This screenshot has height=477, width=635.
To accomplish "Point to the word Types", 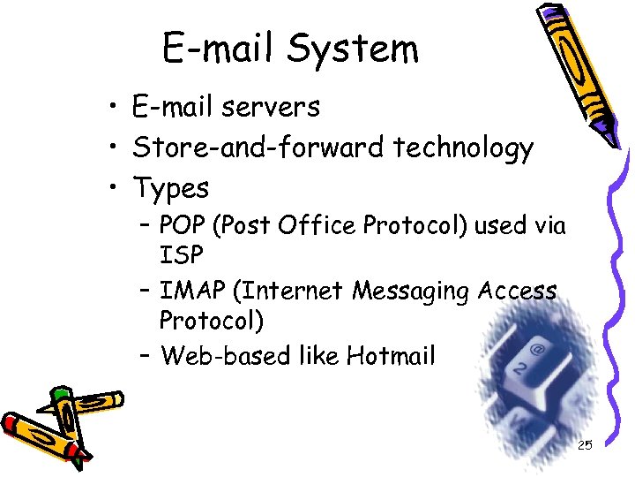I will pyautogui.click(x=170, y=188).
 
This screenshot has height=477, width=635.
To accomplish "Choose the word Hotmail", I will pyautogui.click(x=391, y=356).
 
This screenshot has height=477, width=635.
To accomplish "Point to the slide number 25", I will pyautogui.click(x=585, y=445).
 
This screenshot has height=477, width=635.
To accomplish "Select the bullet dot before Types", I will pyautogui.click(x=116, y=188).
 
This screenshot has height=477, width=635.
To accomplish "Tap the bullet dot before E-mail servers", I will pyautogui.click(x=116, y=108).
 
